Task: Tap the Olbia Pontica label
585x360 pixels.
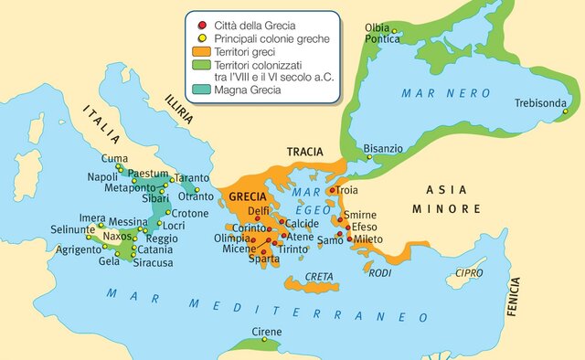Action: click(382, 33)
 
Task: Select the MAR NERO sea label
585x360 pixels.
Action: click(441, 93)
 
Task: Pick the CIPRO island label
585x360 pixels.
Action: click(470, 272)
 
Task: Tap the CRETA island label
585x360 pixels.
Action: click(319, 276)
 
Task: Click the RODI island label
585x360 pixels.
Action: click(380, 272)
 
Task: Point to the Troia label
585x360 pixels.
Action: click(347, 190)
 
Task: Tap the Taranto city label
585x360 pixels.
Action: click(191, 178)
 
